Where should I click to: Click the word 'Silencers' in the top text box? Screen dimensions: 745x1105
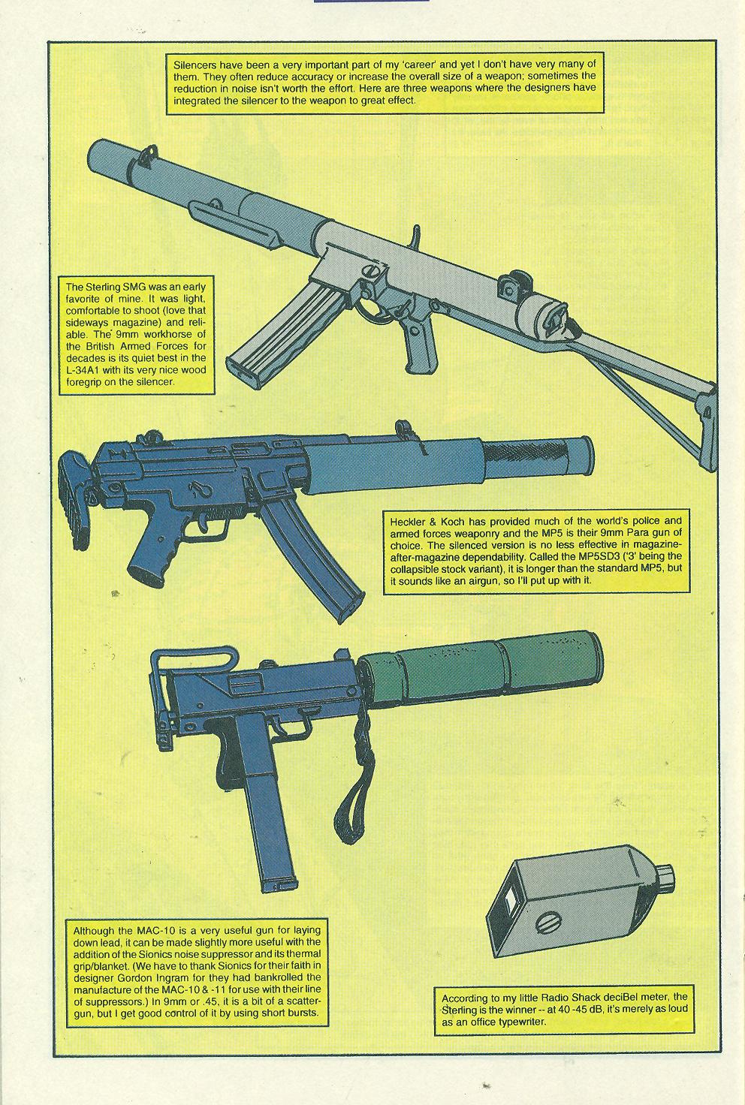[x=195, y=65]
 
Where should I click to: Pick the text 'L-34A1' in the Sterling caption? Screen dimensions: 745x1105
[x=83, y=370]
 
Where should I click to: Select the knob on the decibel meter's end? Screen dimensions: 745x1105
[x=668, y=877]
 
